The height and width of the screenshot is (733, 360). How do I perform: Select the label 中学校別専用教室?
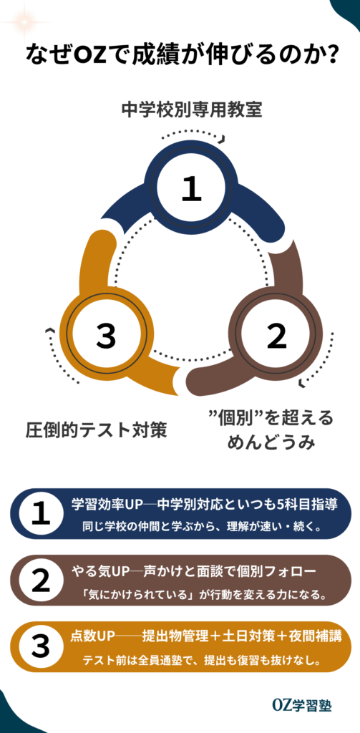[x=192, y=111]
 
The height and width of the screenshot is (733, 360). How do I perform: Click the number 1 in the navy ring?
[x=192, y=190]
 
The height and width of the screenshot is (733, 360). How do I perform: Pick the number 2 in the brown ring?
[x=276, y=336]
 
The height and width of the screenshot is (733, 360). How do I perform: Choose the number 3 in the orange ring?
[x=107, y=336]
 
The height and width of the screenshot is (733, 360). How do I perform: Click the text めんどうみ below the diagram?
[x=271, y=442]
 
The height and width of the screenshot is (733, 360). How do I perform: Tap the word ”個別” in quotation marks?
[x=238, y=417]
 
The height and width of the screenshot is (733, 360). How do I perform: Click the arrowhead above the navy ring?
[x=223, y=138]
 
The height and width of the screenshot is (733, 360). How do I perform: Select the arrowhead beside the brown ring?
[x=301, y=384]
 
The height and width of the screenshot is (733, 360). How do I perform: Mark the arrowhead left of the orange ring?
[x=48, y=331]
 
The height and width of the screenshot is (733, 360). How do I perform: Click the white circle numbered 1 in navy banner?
[x=40, y=514]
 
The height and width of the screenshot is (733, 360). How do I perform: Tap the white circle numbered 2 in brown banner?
[x=40, y=580]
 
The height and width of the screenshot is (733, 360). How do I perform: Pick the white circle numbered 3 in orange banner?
[x=40, y=646]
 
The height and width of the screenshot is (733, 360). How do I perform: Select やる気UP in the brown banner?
[x=99, y=571]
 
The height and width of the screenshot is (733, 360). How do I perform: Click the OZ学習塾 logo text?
[x=302, y=705]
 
